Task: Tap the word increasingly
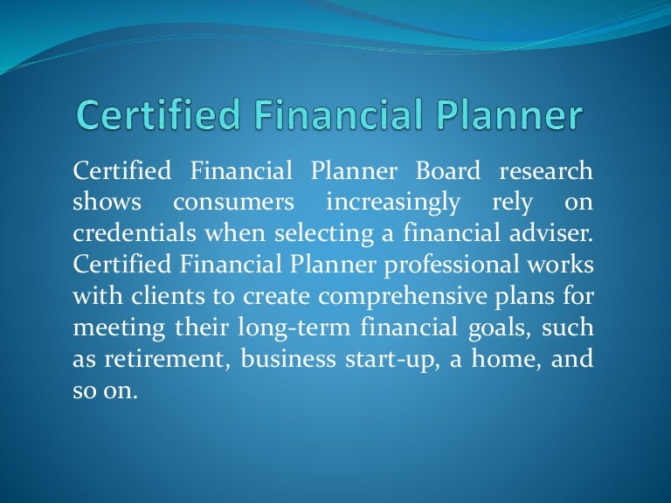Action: click(392, 203)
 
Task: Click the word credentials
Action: click(129, 233)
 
